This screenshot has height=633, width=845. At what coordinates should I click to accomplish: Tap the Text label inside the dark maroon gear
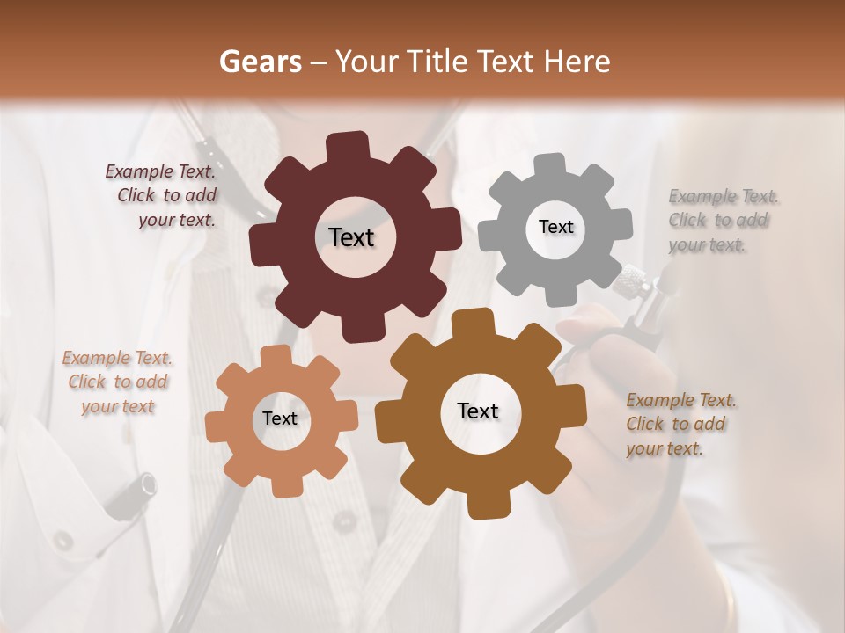coord(351,237)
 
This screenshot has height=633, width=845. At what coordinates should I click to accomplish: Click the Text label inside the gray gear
coord(555,227)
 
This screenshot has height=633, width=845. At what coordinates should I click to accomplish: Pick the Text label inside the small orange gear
coord(280,419)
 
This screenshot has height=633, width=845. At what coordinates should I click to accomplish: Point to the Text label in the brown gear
coord(478,411)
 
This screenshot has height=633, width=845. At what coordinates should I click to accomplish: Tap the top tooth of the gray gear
coord(551,166)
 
